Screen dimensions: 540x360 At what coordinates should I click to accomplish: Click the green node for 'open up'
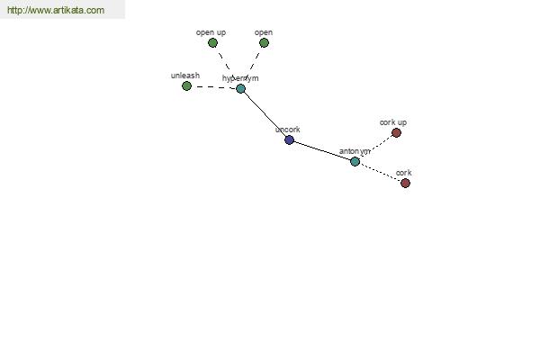point(212,43)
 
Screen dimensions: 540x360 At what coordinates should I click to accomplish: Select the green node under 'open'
point(264,42)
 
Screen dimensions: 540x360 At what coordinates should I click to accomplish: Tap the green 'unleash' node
point(186,85)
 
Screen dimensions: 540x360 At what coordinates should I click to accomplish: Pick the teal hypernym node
point(240,89)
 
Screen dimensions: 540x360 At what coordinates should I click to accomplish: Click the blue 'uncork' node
point(289,139)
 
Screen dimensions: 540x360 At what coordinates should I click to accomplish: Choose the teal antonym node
point(355,161)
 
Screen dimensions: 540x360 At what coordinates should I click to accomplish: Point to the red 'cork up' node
point(396,132)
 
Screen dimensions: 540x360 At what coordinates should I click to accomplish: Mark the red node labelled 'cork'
point(405,183)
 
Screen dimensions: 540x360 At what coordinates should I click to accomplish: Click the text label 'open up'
point(211,32)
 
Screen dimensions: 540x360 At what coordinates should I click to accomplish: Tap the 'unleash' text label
point(185,76)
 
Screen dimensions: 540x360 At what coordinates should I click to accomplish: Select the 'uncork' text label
point(288,130)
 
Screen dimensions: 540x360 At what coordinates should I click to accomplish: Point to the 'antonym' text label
point(355,151)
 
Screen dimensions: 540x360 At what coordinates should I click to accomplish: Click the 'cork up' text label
point(393,122)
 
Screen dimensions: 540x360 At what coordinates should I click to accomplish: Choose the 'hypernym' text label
point(240,78)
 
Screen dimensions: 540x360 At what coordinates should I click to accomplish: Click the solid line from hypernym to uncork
point(265,114)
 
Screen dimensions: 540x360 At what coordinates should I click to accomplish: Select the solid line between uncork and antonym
point(322,150)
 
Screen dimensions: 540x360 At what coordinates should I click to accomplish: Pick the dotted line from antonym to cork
point(380,172)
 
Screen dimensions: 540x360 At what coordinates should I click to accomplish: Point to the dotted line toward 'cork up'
point(375,147)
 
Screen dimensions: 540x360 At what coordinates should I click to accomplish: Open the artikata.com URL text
point(56,10)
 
